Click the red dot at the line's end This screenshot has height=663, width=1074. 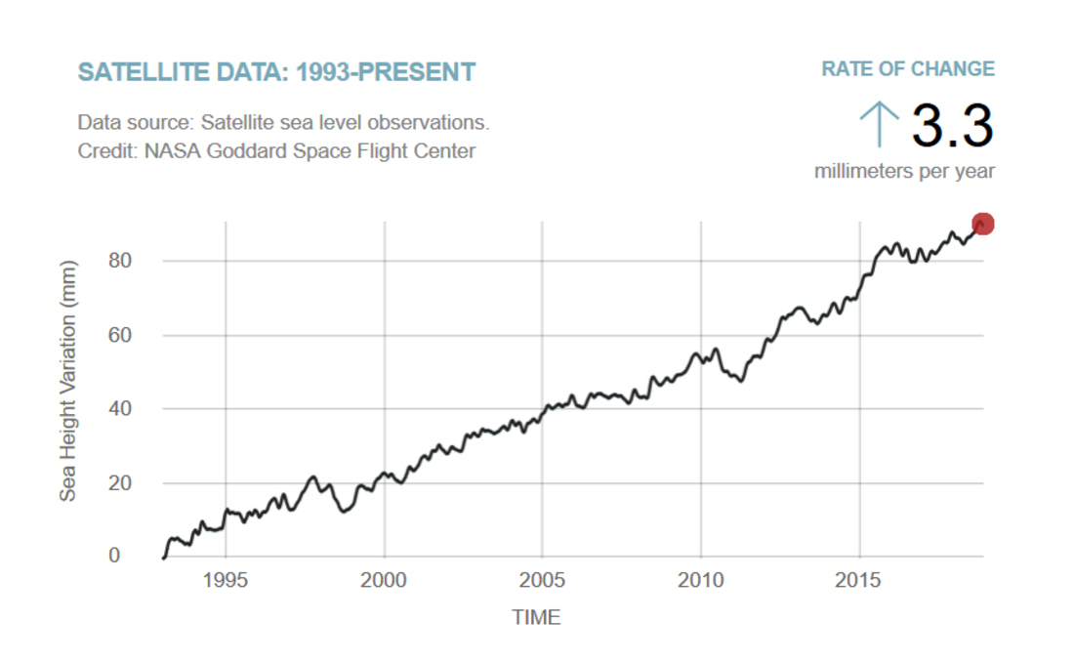click(982, 225)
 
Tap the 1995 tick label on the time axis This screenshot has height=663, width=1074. click(226, 580)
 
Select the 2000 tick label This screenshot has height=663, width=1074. click(384, 580)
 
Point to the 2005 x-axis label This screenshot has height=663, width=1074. click(542, 580)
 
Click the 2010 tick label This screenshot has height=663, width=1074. click(701, 580)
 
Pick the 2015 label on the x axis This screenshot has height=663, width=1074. click(859, 580)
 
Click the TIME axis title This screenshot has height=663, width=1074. click(536, 617)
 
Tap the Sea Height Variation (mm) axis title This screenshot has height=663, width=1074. click(67, 381)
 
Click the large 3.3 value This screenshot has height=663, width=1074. click(952, 126)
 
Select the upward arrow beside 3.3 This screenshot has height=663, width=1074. click(879, 125)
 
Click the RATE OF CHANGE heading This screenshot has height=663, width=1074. click(908, 69)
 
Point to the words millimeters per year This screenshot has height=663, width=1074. click(904, 172)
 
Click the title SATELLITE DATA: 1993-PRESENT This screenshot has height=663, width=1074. click(276, 72)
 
